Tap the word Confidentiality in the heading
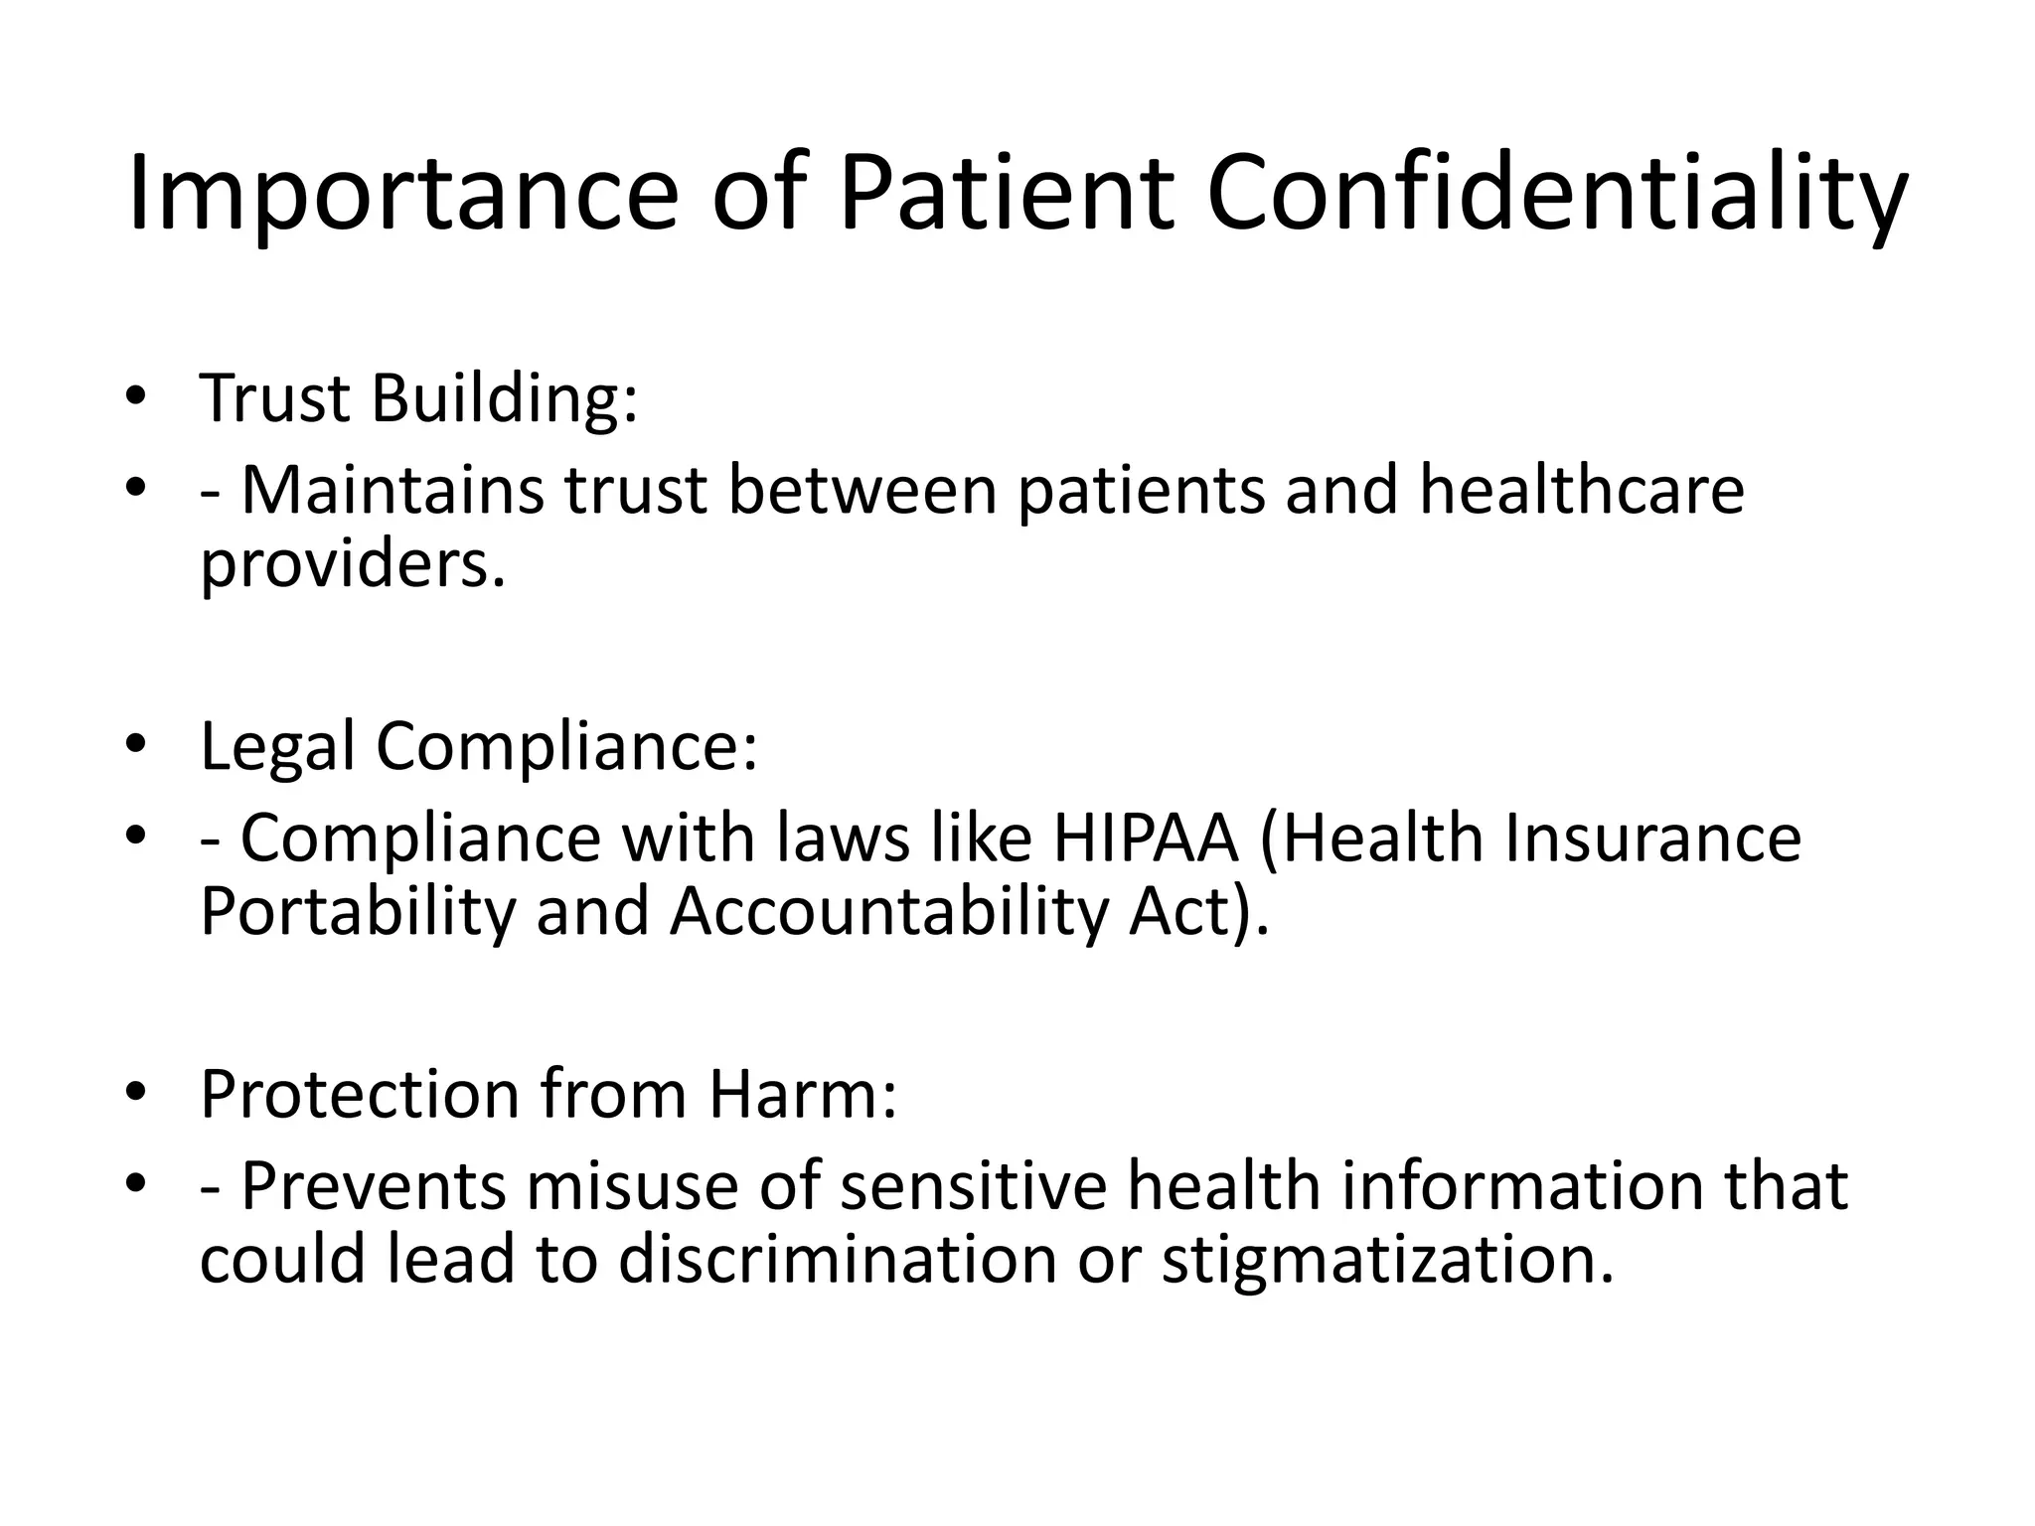(x=1556, y=194)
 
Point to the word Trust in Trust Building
(x=275, y=398)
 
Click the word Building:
(x=504, y=398)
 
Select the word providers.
(x=353, y=564)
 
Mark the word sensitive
(x=974, y=1186)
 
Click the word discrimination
(x=838, y=1260)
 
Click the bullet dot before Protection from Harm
(x=136, y=1094)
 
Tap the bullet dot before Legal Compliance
(x=136, y=746)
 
